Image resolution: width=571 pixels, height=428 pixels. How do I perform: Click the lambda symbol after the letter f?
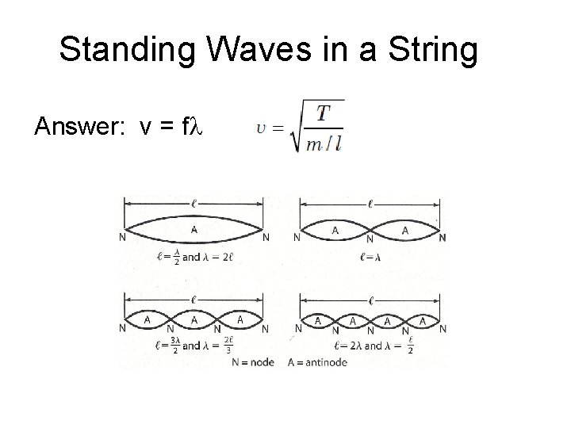pyautogui.click(x=198, y=127)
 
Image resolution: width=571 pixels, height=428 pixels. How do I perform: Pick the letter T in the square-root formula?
pyautogui.click(x=324, y=113)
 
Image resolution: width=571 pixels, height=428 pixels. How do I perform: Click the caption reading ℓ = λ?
pyautogui.click(x=370, y=257)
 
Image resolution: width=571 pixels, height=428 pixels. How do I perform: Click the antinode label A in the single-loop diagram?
pyautogui.click(x=194, y=228)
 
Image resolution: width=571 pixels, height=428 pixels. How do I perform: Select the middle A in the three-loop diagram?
pyautogui.click(x=194, y=319)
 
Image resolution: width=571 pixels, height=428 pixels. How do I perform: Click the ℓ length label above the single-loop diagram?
pyautogui.click(x=194, y=203)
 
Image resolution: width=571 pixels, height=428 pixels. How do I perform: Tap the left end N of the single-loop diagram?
pyautogui.click(x=121, y=237)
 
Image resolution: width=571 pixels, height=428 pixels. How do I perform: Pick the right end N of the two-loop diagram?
pyautogui.click(x=443, y=237)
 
